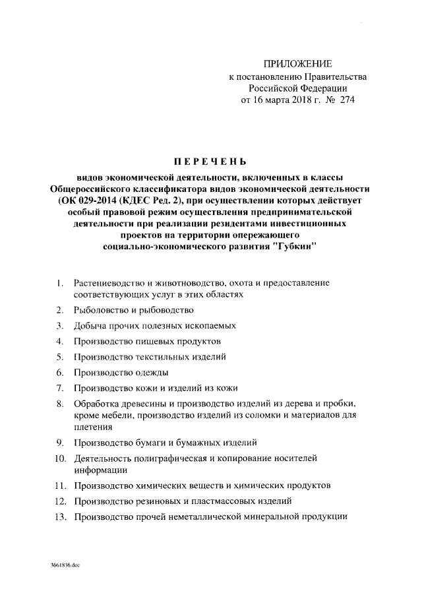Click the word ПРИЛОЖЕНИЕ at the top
(x=297, y=63)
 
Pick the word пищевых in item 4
(x=152, y=341)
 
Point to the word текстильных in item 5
(x=158, y=357)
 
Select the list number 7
(x=59, y=389)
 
